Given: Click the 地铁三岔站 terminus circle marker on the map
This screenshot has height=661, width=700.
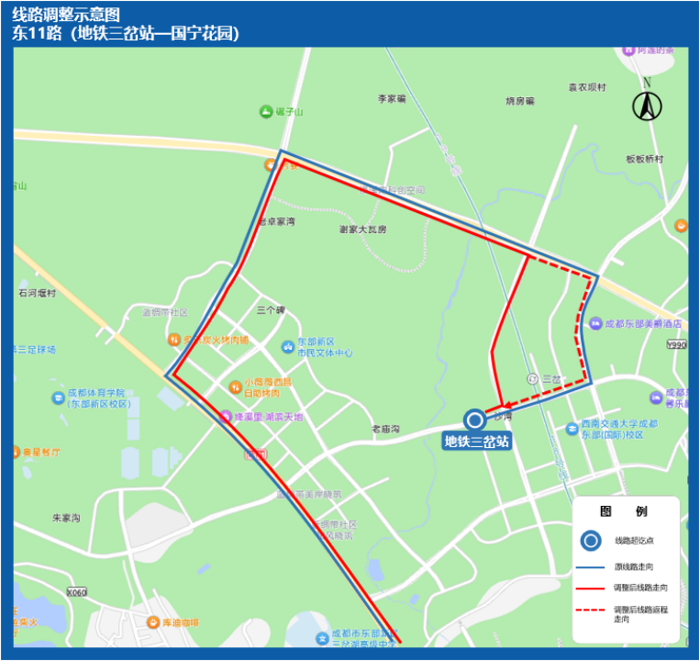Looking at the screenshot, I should (475, 420).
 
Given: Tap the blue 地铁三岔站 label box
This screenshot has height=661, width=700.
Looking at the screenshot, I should (476, 442).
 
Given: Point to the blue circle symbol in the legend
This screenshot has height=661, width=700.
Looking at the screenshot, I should (592, 541).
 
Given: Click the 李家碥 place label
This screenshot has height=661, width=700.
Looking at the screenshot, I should (392, 98).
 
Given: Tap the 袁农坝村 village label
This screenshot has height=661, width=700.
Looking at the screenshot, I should (587, 87).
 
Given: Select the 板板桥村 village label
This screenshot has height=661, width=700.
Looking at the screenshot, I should (644, 158).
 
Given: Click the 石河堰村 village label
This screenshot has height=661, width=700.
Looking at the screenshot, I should (37, 294).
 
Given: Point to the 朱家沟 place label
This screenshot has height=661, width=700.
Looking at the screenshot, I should (66, 519).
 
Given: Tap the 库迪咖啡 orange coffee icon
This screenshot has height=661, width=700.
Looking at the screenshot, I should (154, 622).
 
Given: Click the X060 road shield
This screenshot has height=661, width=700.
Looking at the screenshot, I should (76, 592).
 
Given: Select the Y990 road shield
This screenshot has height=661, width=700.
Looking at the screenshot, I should (677, 345).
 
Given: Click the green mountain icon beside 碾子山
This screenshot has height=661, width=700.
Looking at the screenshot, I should (266, 112).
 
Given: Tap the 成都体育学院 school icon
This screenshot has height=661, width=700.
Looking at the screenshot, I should (59, 398).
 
